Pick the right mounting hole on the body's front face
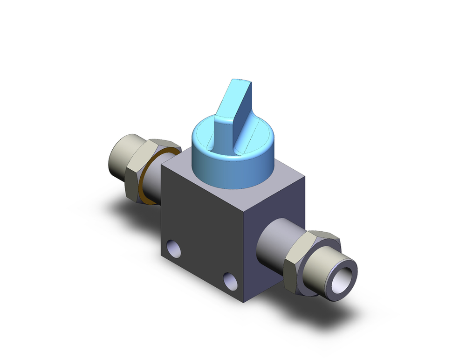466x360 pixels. point(229,280)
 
